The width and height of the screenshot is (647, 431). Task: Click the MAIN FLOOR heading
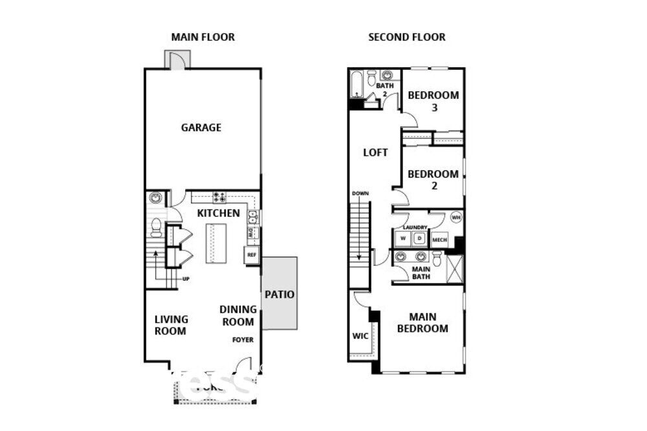pyautogui.click(x=203, y=37)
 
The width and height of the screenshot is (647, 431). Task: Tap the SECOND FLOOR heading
pyautogui.click(x=406, y=37)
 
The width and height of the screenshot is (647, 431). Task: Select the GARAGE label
pyautogui.click(x=201, y=127)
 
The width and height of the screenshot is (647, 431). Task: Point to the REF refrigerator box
pyautogui.click(x=252, y=255)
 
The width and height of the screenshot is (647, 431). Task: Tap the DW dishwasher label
pyautogui.click(x=251, y=232)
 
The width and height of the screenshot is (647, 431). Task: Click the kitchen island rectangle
pyautogui.click(x=215, y=243)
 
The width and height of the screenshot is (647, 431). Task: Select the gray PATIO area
pyautogui.click(x=280, y=294)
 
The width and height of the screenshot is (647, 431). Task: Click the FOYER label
pyautogui.click(x=243, y=340)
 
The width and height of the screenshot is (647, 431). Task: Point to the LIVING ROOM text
pyautogui.click(x=171, y=325)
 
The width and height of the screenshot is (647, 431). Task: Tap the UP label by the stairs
pyautogui.click(x=186, y=280)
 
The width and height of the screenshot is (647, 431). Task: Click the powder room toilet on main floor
pyautogui.click(x=155, y=227)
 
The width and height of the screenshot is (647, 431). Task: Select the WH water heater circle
pyautogui.click(x=455, y=217)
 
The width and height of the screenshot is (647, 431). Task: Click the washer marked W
pyautogui.click(x=402, y=239)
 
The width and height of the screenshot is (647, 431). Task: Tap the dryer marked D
pyautogui.click(x=419, y=239)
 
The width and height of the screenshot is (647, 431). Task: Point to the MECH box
pyautogui.click(x=439, y=239)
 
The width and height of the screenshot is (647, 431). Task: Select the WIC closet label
pyautogui.click(x=360, y=336)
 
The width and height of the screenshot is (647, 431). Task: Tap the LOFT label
pyautogui.click(x=375, y=153)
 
